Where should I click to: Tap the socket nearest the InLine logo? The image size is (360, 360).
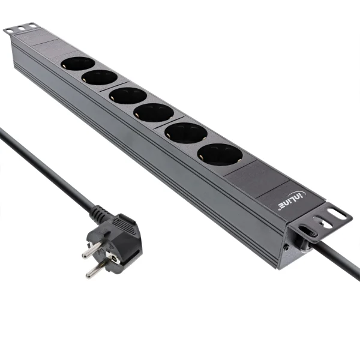point(220,155)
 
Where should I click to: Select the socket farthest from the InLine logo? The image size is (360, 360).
point(78,63)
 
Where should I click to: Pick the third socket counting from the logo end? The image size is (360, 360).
point(154,112)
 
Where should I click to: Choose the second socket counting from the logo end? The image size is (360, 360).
point(186,133)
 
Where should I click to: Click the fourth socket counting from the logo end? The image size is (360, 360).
point(128,95)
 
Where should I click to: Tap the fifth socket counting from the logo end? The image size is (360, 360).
point(100,77)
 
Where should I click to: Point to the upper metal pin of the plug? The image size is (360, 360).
point(91,248)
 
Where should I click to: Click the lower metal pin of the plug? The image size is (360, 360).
point(96,270)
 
